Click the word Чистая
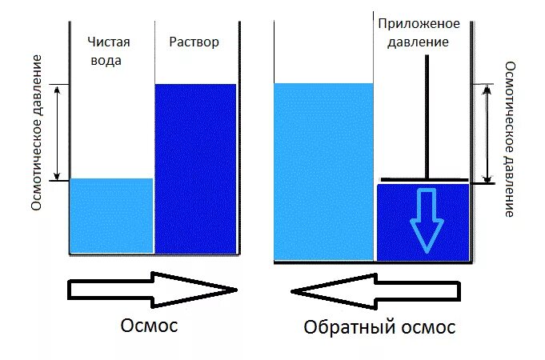109,42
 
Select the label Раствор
194,42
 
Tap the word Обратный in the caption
351,327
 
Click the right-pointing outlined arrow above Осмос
152,289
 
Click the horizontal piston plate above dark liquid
424,178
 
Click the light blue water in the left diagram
110,215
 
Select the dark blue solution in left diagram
196,168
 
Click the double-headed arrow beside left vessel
57,132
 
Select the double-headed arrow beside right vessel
487,134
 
